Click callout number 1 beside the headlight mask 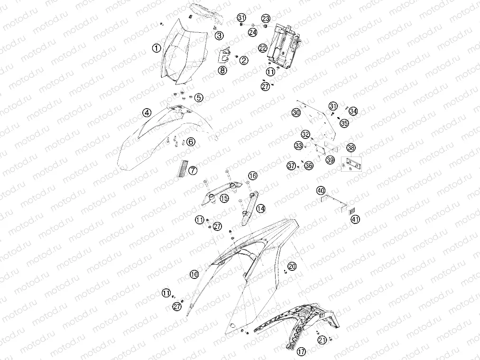click(x=157, y=48)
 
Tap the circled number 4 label click(x=147, y=113)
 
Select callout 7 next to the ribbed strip click(x=193, y=170)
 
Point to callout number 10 click(x=194, y=274)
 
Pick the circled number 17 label click(x=301, y=351)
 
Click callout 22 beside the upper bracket click(x=263, y=48)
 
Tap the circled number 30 click(x=296, y=113)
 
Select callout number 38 click(x=351, y=148)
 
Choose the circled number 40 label click(x=321, y=191)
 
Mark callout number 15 click(x=224, y=198)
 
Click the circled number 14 click(x=261, y=209)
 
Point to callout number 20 click(x=292, y=267)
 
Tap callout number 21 click(x=322, y=340)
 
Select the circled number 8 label click(x=222, y=70)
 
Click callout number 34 click(x=353, y=111)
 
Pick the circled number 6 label click(x=191, y=142)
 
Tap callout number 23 click(x=266, y=18)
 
